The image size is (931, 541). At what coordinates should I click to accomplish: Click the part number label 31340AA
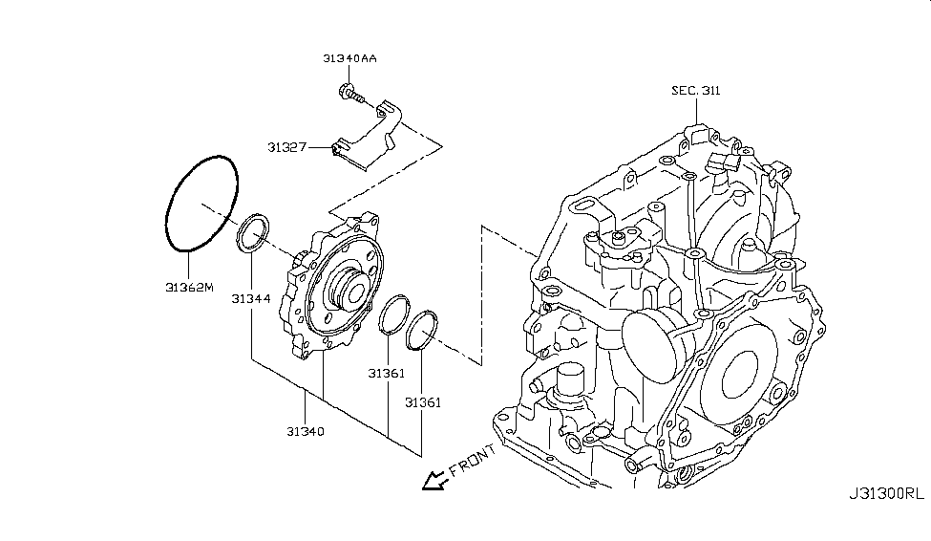point(349,59)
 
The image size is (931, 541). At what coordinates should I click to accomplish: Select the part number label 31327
point(286,147)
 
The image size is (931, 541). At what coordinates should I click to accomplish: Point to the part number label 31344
point(250,299)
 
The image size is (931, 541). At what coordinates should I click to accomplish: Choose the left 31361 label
point(387,371)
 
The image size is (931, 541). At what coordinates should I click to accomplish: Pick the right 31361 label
point(422,402)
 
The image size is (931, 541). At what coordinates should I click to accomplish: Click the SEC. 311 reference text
point(695,91)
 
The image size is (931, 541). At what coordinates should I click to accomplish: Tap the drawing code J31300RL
point(886,494)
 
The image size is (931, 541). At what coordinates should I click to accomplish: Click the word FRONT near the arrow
point(471,461)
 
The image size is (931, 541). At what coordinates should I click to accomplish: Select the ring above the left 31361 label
point(391,315)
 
